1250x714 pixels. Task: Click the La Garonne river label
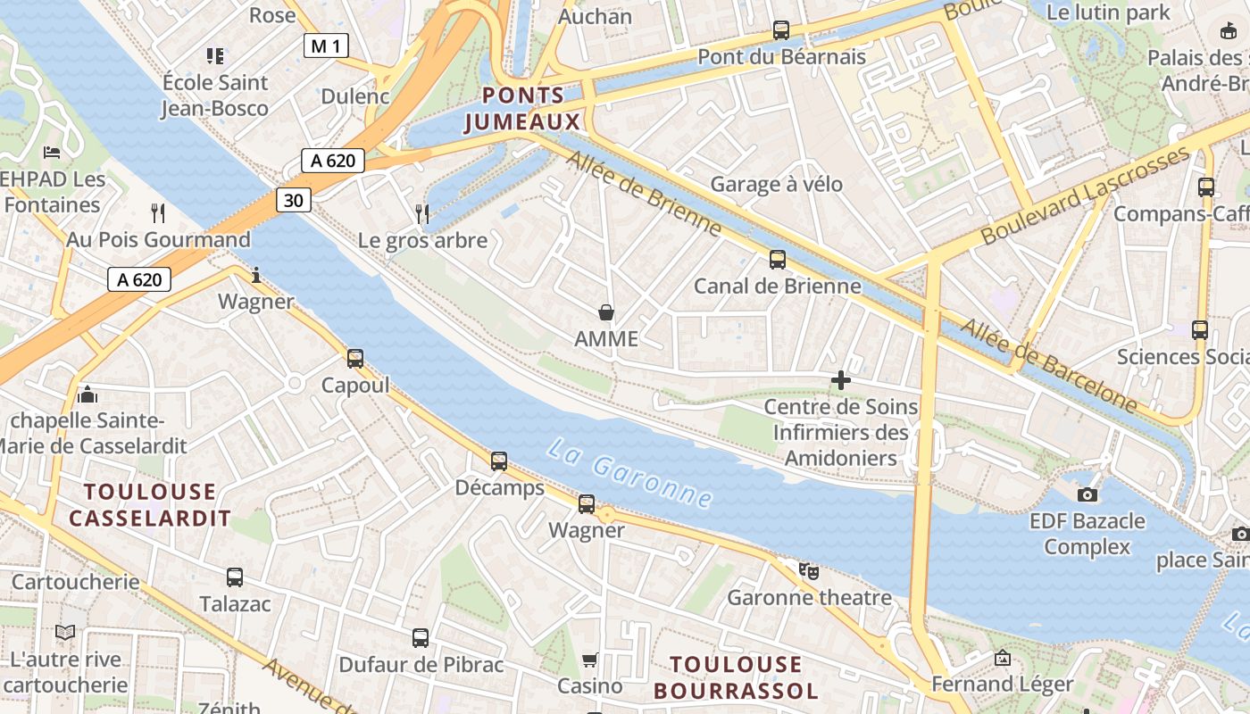pos(629,473)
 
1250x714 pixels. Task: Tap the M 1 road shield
pos(325,46)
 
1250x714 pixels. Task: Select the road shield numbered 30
pos(294,200)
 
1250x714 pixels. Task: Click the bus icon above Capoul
pos(355,359)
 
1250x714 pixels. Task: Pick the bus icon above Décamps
pos(499,461)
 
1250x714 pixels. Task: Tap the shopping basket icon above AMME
pos(606,312)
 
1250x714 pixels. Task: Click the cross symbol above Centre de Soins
pos(840,381)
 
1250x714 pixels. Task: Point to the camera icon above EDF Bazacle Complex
pos(1087,494)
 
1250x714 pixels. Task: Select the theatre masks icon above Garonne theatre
pos(809,570)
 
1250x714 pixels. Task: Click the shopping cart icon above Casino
pos(589,660)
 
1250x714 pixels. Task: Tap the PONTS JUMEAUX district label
pos(522,108)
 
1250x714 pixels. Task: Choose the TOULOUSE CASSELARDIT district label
pos(150,504)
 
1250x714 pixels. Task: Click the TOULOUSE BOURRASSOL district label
pos(736,677)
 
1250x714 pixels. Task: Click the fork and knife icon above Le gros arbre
pos(422,213)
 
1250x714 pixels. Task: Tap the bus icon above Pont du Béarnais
pos(781,30)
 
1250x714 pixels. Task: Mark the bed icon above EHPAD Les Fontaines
pos(52,153)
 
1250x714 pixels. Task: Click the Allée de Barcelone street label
pos(1049,366)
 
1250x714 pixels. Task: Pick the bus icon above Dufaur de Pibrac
pos(421,638)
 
